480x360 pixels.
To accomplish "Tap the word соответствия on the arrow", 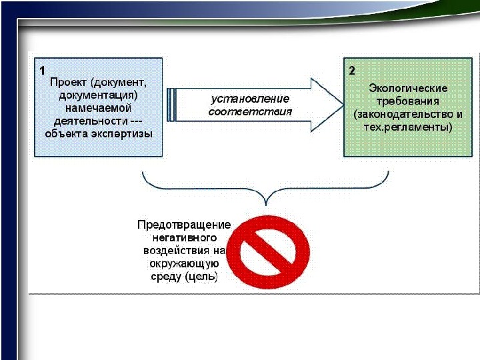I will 250,111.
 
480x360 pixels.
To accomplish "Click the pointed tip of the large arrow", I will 341,106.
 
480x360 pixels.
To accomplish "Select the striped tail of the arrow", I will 172,105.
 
